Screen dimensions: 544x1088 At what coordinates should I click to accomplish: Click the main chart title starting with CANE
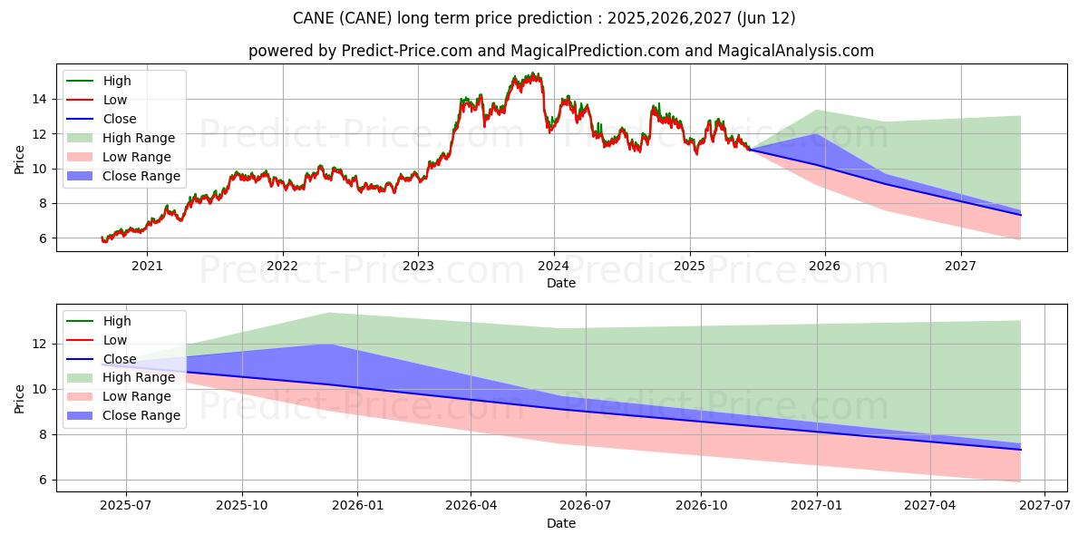[544, 18]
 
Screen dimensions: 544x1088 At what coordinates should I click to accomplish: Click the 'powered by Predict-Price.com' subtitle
[560, 51]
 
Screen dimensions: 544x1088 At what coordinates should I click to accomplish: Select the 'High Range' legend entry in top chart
[139, 138]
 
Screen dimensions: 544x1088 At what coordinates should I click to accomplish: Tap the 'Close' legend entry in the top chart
[119, 119]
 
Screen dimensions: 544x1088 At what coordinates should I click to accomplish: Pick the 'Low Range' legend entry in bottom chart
[137, 396]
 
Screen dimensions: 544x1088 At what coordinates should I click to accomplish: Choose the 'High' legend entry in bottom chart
[117, 321]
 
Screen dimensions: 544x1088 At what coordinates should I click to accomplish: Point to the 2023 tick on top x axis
[418, 266]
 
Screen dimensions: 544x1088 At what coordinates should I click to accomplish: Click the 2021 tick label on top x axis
[147, 266]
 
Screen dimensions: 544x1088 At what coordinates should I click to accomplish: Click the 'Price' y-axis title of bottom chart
[20, 398]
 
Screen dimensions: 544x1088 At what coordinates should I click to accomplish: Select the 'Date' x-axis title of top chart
[560, 283]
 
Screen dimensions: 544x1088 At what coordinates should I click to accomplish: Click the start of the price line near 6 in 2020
[102, 238]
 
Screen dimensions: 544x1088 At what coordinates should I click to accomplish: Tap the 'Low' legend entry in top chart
[115, 100]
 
